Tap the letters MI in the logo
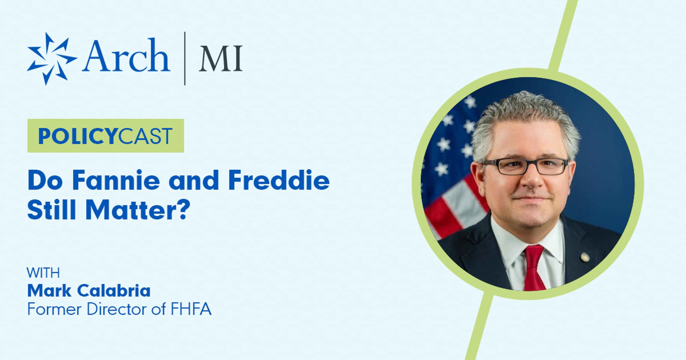(x=221, y=59)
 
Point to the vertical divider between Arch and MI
(x=185, y=59)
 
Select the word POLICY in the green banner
(x=78, y=136)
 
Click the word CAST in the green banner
(x=145, y=136)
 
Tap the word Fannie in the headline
(x=116, y=180)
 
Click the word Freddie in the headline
(x=279, y=180)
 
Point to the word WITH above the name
(x=43, y=273)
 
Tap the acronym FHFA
(x=191, y=309)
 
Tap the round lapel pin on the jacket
(x=584, y=257)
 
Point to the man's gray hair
(x=525, y=120)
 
